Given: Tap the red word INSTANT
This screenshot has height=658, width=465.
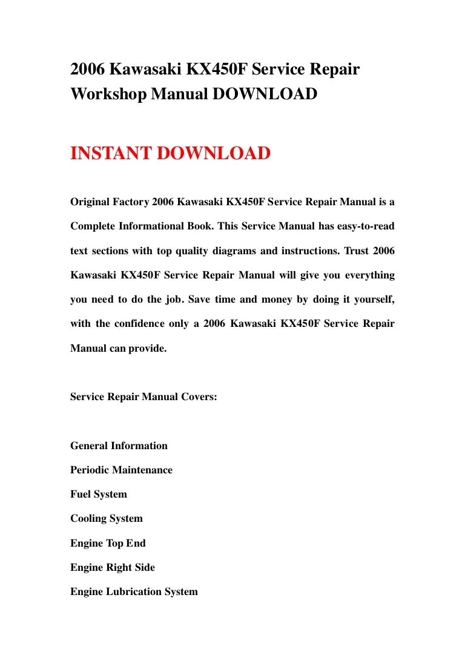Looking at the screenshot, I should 111,154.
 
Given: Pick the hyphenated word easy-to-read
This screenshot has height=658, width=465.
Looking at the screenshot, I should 364,226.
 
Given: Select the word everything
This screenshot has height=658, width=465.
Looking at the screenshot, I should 369,275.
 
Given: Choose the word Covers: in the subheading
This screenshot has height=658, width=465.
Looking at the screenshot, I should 198,396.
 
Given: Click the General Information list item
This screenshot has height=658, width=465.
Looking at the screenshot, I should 119,446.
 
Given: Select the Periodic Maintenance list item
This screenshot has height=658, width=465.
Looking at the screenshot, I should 121,470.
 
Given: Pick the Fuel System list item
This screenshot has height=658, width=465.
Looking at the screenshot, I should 99,495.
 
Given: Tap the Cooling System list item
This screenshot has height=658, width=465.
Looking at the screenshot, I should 107,519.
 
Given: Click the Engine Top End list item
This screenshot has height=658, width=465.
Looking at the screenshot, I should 108,543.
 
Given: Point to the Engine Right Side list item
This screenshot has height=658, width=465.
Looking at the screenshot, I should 113,568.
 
